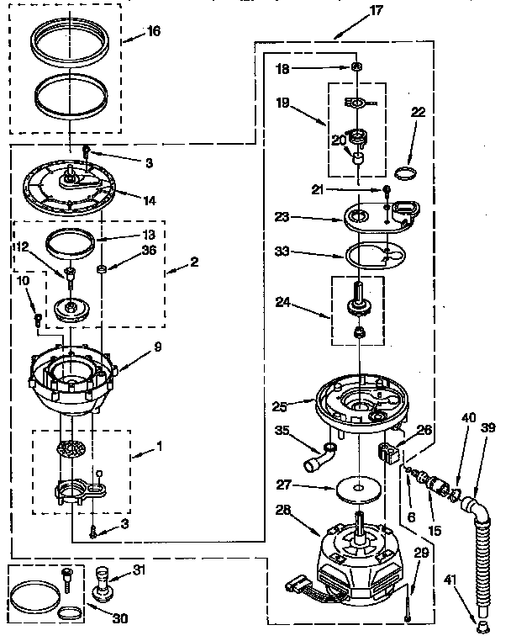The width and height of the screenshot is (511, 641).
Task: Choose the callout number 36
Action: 149,249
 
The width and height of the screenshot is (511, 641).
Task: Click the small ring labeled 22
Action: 405,174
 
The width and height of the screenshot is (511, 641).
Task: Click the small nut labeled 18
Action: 357,66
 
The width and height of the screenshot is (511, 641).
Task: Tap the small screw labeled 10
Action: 38,318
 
